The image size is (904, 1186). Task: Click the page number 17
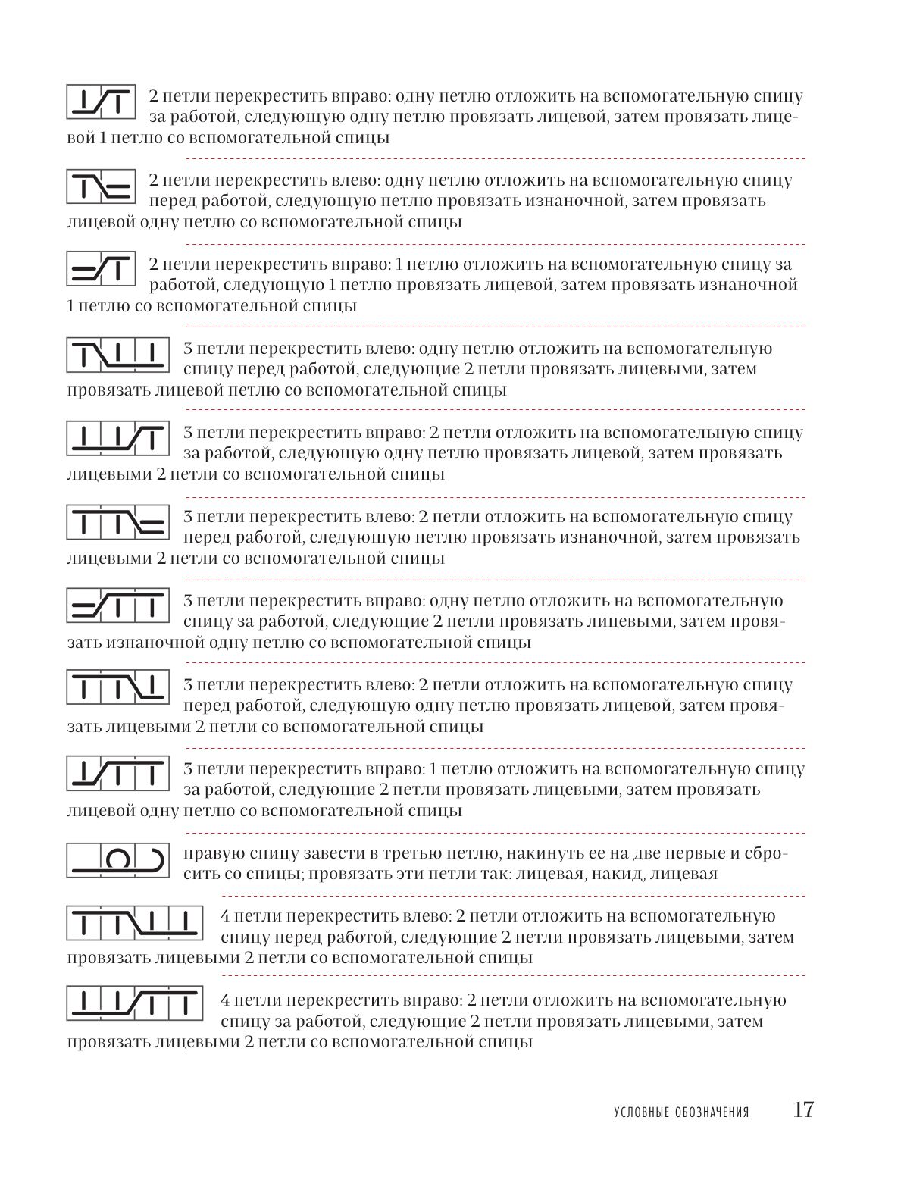(x=802, y=1109)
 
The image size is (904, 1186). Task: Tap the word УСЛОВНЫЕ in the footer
(x=642, y=1112)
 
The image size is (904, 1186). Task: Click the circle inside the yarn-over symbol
(x=117, y=859)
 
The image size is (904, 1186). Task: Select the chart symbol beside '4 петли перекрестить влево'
(x=134, y=922)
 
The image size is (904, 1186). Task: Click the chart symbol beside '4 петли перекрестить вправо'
(x=134, y=1004)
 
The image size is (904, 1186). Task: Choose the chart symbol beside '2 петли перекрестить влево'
(x=101, y=186)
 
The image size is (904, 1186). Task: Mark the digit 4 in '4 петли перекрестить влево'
(x=225, y=916)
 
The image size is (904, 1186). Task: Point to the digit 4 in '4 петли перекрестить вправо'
(x=225, y=1000)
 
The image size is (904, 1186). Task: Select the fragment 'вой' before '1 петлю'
(x=81, y=138)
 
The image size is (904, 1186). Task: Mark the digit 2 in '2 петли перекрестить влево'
(x=154, y=180)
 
